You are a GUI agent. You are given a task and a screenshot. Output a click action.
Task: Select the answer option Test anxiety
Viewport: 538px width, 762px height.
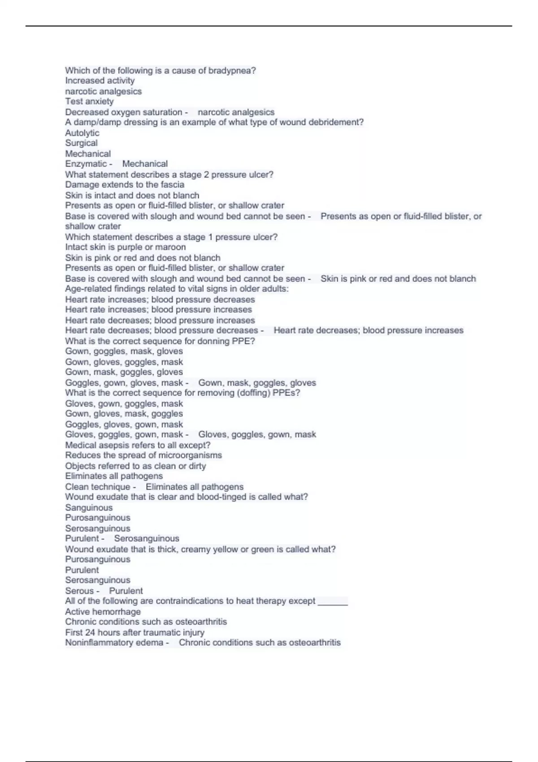pyautogui.click(x=89, y=101)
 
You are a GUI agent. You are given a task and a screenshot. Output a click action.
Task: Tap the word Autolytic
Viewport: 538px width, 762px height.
pyautogui.click(x=82, y=133)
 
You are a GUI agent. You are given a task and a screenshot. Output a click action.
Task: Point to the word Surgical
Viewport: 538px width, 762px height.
pyautogui.click(x=81, y=143)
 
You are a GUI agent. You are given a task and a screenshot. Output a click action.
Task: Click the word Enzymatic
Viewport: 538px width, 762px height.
pyautogui.click(x=86, y=164)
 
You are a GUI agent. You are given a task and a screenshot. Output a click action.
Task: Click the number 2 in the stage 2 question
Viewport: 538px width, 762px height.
pyautogui.click(x=206, y=174)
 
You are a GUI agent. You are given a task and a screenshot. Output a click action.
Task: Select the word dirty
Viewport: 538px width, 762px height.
pyautogui.click(x=197, y=466)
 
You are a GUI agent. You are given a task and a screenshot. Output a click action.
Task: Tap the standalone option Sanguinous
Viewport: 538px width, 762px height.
pyautogui.click(x=89, y=507)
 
